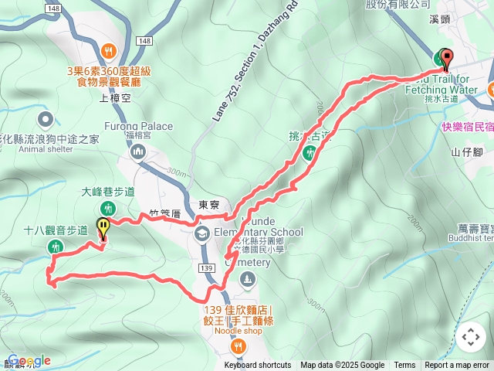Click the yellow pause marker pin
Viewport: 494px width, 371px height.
(x=103, y=228)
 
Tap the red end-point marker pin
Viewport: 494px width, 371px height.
(x=446, y=56)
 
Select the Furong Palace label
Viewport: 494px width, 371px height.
(x=137, y=127)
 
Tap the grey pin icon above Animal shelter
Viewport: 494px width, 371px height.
(x=45, y=119)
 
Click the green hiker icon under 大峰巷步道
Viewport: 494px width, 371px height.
(x=108, y=207)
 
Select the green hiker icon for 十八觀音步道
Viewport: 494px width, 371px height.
(x=55, y=247)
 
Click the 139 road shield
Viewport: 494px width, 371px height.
(x=206, y=267)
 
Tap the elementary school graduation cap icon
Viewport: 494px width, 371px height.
(x=201, y=233)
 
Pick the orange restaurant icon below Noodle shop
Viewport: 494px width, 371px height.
(x=238, y=346)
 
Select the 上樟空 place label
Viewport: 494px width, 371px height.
(x=117, y=97)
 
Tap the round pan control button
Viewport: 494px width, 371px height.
(x=471, y=337)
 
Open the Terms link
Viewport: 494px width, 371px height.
(x=404, y=366)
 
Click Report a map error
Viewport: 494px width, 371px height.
(x=457, y=366)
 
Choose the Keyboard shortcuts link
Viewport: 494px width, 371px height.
(x=258, y=366)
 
